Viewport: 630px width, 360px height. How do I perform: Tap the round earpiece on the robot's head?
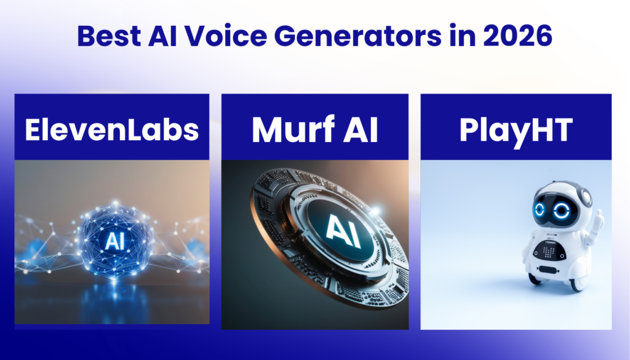pos(585,198)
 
